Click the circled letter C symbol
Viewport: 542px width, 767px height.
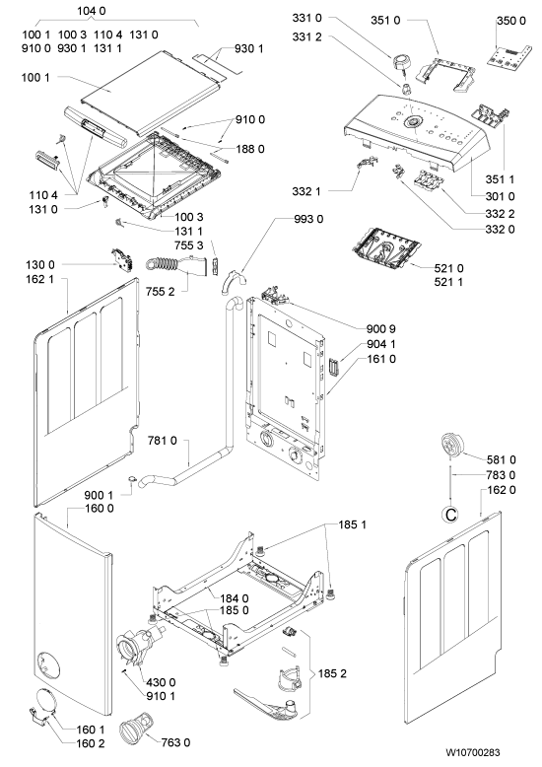450,514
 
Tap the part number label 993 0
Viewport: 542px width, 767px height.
308,219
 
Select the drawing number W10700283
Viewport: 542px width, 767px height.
473,752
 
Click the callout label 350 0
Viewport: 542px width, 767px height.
511,21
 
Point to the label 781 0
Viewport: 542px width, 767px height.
163,441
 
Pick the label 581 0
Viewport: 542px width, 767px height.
501,459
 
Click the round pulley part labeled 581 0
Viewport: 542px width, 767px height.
452,446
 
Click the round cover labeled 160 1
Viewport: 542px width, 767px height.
44,702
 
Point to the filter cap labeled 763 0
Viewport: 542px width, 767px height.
135,730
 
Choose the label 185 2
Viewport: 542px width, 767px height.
332,673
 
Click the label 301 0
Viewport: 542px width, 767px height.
500,196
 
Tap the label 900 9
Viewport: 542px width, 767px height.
381,328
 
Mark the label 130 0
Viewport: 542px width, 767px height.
40,265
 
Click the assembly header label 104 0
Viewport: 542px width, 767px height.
92,10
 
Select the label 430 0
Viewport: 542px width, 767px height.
161,682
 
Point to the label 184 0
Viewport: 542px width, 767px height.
235,597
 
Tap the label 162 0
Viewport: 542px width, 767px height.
502,490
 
